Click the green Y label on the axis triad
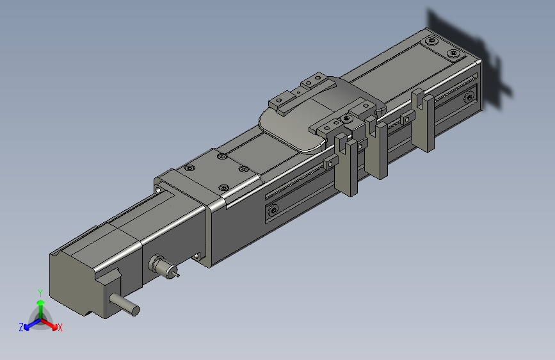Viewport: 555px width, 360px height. point(40,293)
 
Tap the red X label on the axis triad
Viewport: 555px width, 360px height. point(60,327)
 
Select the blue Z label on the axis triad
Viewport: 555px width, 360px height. point(21,327)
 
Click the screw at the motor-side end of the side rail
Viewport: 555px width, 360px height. point(274,210)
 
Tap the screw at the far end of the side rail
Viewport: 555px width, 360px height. point(469,97)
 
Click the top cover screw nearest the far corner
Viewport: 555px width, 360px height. point(454,53)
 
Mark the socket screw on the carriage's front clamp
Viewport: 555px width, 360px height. point(346,119)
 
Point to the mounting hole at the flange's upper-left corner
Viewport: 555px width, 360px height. point(159,190)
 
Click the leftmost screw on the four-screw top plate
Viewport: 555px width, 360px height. point(189,168)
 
